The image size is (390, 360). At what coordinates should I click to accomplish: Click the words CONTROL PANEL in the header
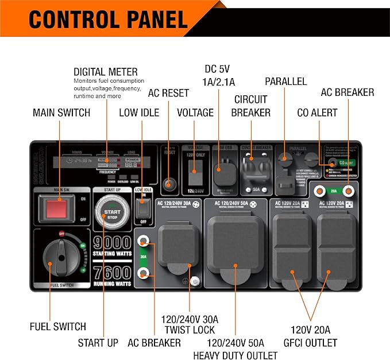click(x=108, y=19)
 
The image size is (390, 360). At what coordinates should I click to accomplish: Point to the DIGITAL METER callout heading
click(x=106, y=72)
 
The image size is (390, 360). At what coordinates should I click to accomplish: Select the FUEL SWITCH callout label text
click(x=57, y=327)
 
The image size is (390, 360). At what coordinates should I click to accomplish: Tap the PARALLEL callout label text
click(x=285, y=81)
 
